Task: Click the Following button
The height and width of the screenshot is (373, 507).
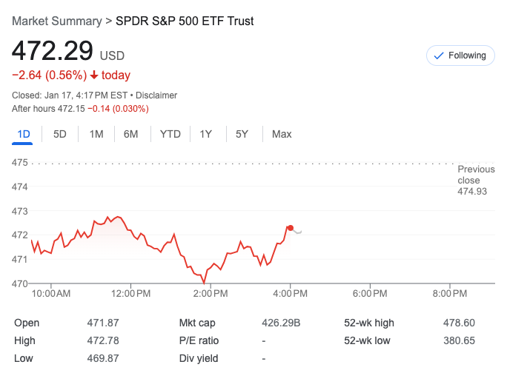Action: pyautogui.click(x=460, y=56)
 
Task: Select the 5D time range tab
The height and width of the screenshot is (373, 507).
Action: pyautogui.click(x=60, y=134)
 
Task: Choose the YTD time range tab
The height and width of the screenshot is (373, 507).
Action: pyautogui.click(x=170, y=134)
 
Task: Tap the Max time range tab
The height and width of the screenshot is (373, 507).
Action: pyautogui.click(x=282, y=134)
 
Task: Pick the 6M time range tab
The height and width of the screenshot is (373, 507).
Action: pyautogui.click(x=131, y=134)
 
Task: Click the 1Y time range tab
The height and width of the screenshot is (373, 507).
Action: pyautogui.click(x=206, y=134)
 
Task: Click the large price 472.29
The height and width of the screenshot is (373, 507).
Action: pyautogui.click(x=52, y=51)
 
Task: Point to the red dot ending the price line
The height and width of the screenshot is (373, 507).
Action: pyautogui.click(x=290, y=228)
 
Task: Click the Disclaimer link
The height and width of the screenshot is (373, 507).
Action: pyautogui.click(x=156, y=95)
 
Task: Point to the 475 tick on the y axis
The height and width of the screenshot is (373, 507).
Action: pyautogui.click(x=19, y=162)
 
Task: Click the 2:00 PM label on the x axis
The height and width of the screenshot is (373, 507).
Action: pyautogui.click(x=211, y=294)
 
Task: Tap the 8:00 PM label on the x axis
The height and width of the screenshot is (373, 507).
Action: pyautogui.click(x=450, y=294)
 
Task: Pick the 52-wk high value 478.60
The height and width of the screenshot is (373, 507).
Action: pyautogui.click(x=459, y=323)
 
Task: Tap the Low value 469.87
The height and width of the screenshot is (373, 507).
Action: pyautogui.click(x=102, y=358)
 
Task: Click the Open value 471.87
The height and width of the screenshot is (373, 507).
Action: pyautogui.click(x=102, y=323)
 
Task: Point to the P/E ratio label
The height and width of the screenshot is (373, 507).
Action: pyautogui.click(x=199, y=340)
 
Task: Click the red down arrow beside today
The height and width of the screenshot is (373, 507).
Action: pyautogui.click(x=94, y=75)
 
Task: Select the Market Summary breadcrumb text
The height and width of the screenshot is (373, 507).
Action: pyautogui.click(x=56, y=21)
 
